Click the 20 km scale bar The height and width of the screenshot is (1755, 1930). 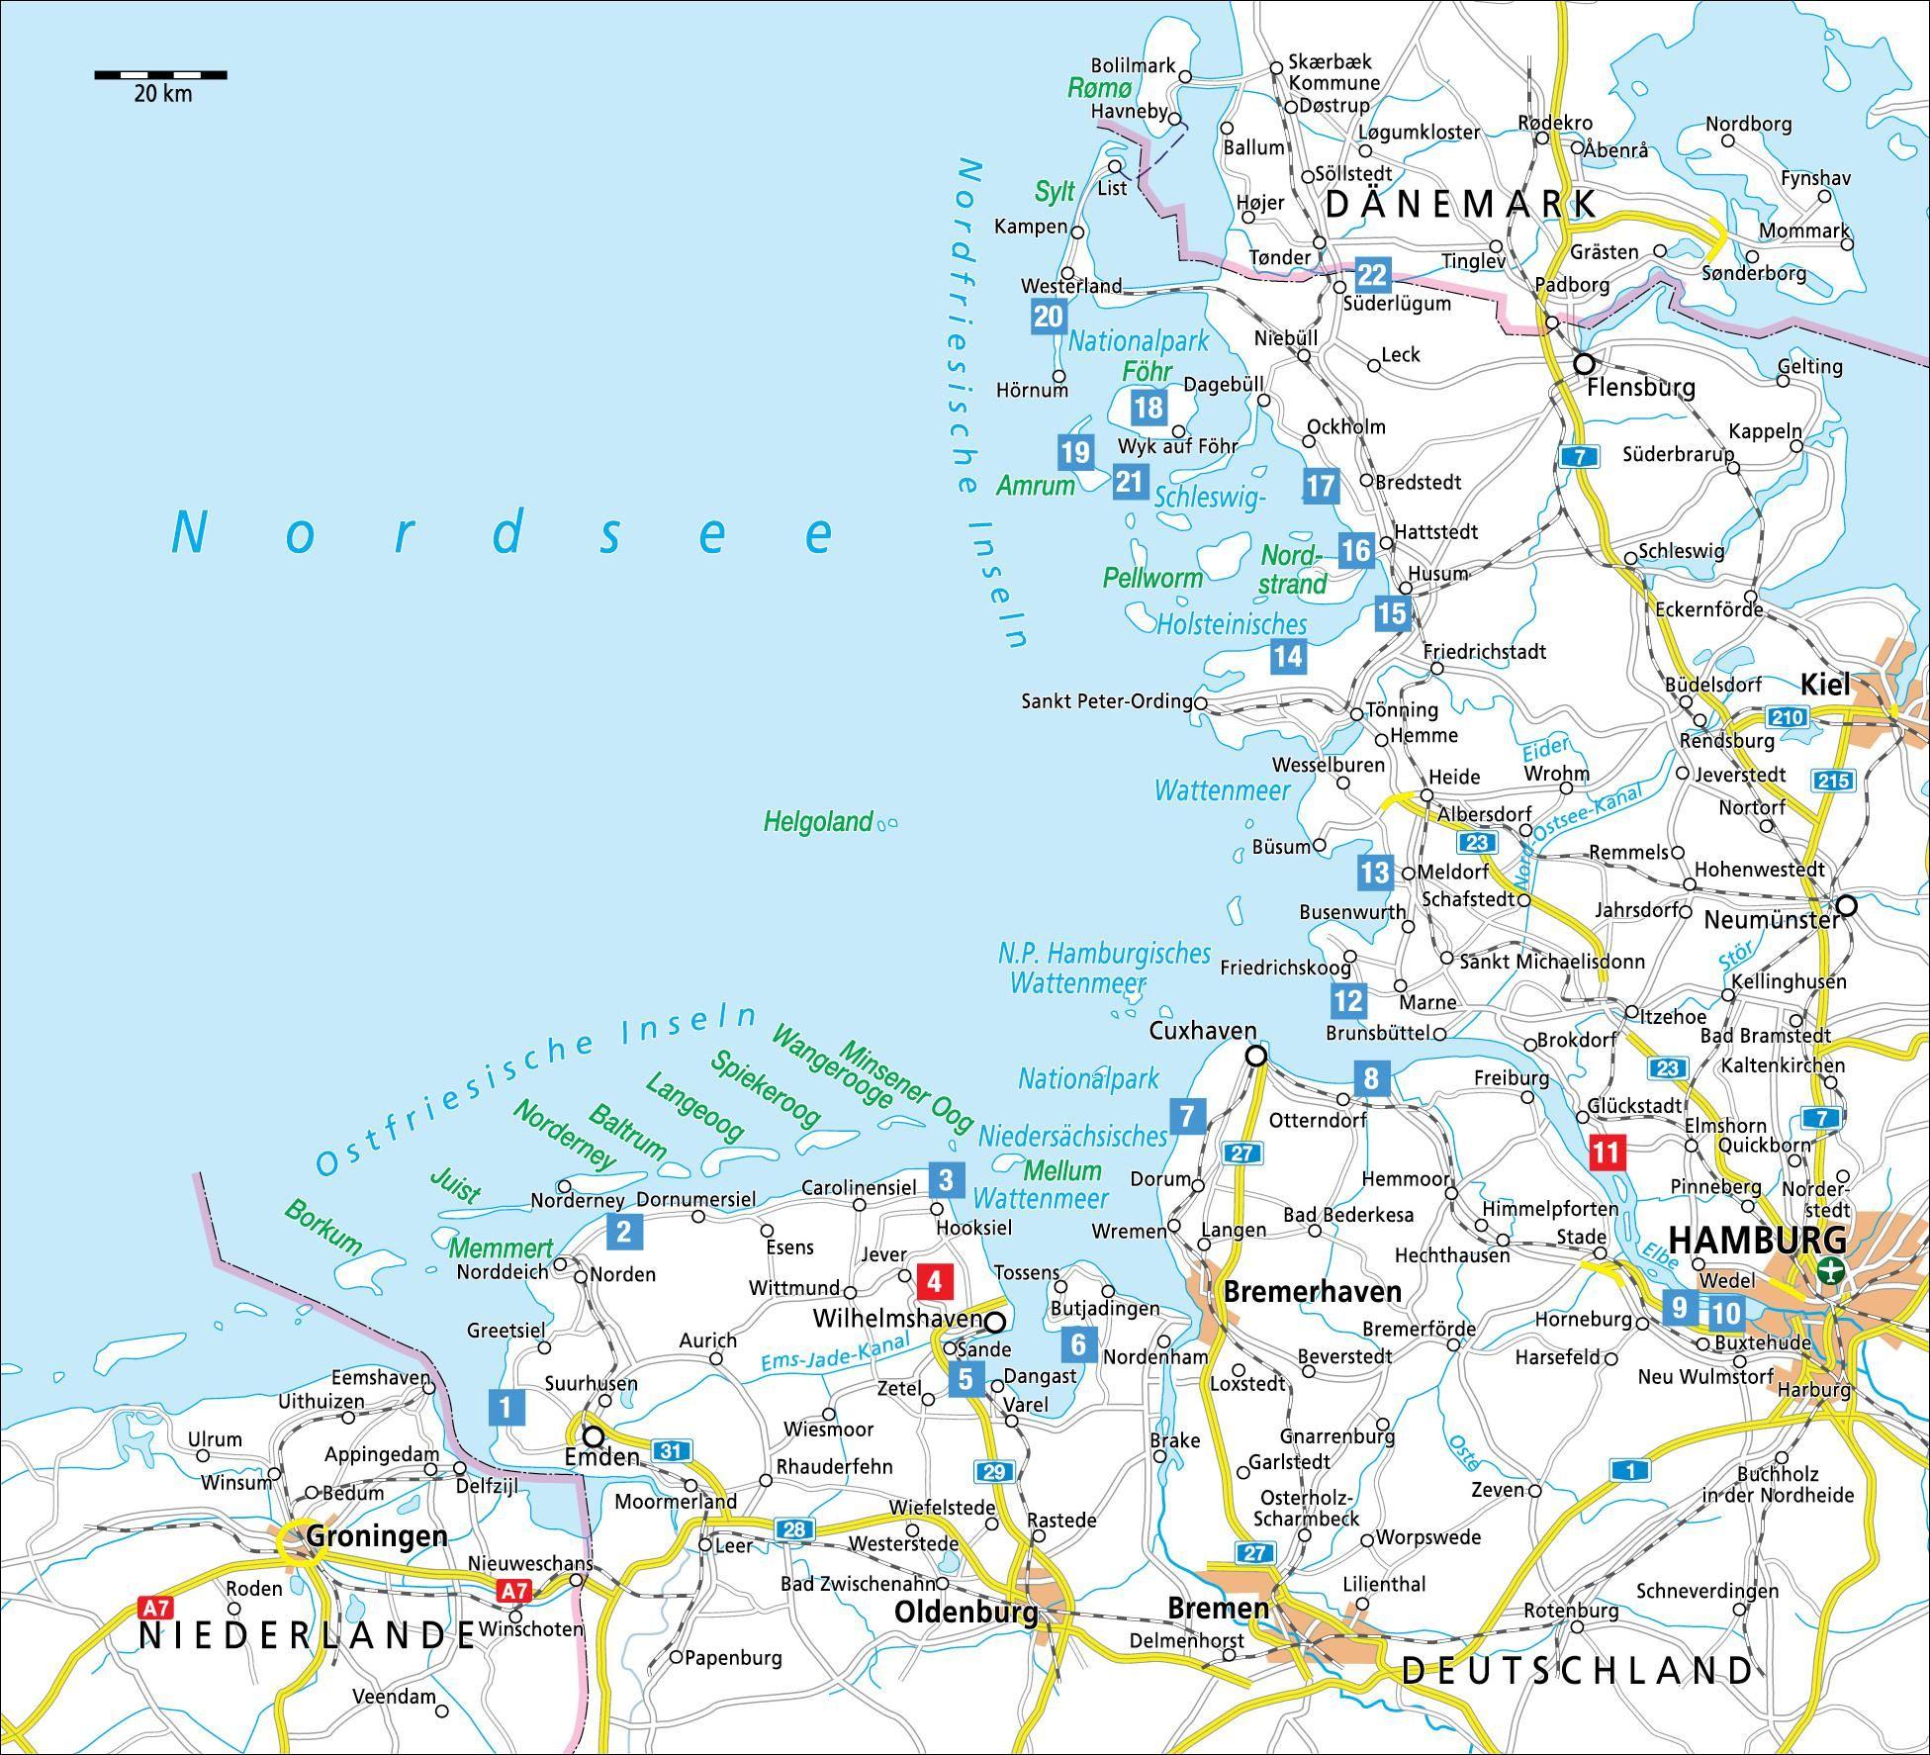pos(160,74)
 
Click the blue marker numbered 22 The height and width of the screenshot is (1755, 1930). pos(1373,274)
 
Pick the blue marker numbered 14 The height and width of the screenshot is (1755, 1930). pos(1288,655)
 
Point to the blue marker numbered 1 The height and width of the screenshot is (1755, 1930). pos(505,1406)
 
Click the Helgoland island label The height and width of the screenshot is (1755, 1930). pos(818,821)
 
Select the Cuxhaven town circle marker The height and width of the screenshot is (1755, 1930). pos(1255,1056)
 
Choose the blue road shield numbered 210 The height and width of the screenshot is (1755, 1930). pos(1787,717)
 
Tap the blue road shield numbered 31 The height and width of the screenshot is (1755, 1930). pos(672,1451)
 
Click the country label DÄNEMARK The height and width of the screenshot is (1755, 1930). pos(1460,204)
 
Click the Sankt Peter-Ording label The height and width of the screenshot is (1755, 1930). pos(1106,701)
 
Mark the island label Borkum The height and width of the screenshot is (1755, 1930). pos(323,1227)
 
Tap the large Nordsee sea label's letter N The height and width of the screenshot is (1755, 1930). pos(188,534)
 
